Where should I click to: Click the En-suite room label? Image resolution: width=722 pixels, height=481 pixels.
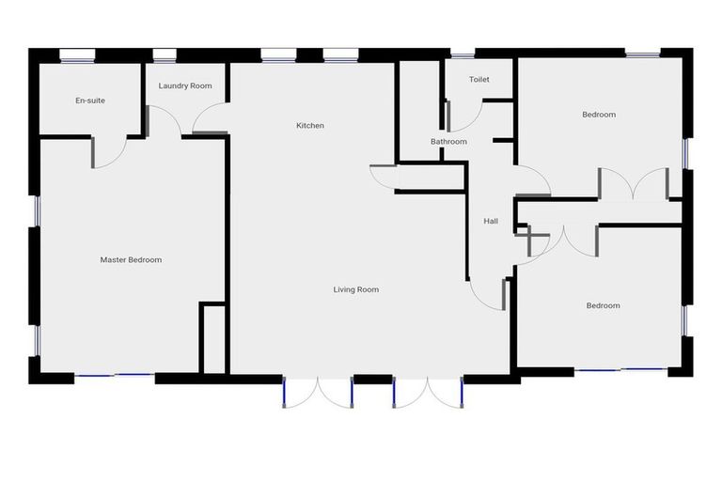(90, 101)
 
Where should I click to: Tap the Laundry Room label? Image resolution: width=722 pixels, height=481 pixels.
(185, 86)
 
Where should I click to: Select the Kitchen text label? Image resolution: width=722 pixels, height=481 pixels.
(310, 126)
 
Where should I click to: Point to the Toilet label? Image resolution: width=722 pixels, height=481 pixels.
(479, 80)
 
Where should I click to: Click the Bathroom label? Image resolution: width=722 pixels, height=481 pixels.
(448, 142)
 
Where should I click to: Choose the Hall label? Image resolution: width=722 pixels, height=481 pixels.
(491, 222)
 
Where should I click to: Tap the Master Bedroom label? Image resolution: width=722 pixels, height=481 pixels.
(131, 260)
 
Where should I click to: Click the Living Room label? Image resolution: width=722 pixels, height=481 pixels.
(356, 290)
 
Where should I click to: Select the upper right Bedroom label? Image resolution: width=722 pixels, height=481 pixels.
(599, 115)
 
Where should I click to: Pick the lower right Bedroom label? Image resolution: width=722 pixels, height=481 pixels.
(603, 305)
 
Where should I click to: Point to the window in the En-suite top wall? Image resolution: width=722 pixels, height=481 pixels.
(77, 54)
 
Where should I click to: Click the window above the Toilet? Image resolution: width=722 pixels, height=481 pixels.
(462, 54)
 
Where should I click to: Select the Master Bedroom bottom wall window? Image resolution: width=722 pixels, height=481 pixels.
(114, 376)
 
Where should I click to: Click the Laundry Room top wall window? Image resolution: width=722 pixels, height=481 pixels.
(165, 54)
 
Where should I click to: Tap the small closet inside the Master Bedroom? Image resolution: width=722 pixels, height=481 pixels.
(213, 339)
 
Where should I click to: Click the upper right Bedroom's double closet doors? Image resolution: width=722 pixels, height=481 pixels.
(633, 185)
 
